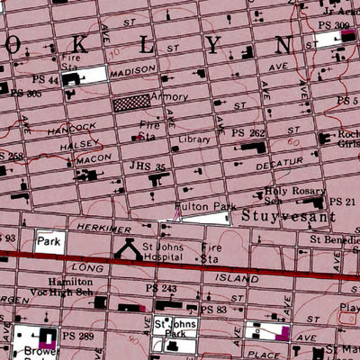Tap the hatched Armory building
pyautogui.click(x=132, y=102)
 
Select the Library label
pyautogui.click(x=194, y=140)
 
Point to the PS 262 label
pyautogui.click(x=247, y=133)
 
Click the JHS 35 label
pyautogui.click(x=149, y=167)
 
